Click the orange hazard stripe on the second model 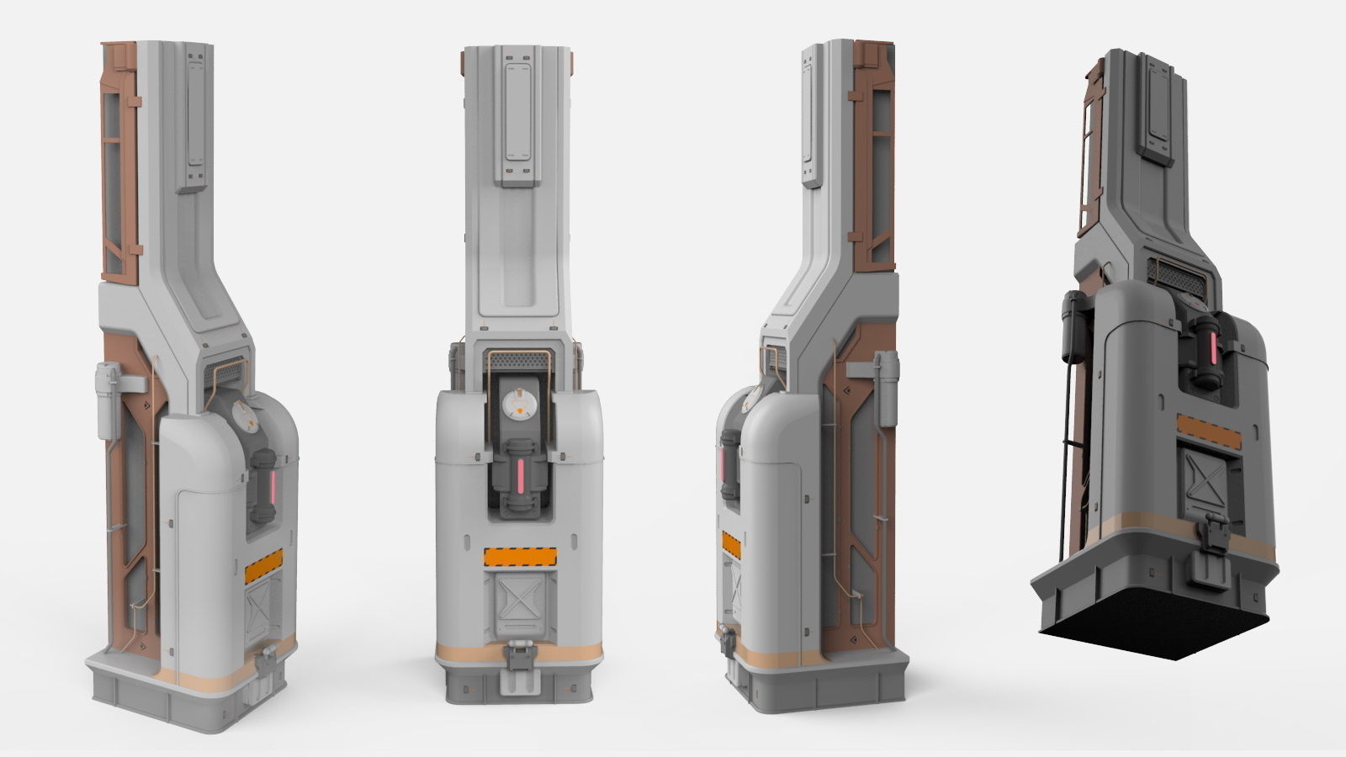point(520,556)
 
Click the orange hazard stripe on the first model point(264,571)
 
